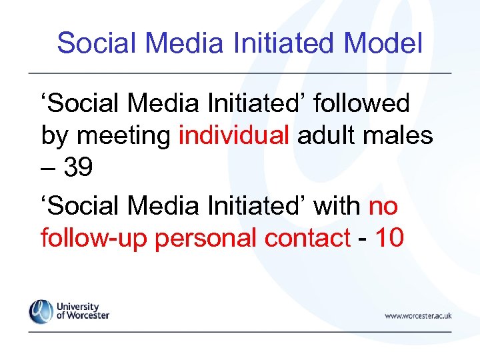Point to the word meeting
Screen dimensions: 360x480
pos(125,137)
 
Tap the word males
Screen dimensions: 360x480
pos(398,137)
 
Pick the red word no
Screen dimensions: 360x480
pos(383,207)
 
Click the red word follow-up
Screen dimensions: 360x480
pos(94,239)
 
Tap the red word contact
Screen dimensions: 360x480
pos(307,239)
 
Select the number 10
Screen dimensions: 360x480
pos(389,239)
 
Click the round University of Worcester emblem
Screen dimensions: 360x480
pos(41,311)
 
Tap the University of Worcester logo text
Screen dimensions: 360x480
pos(82,311)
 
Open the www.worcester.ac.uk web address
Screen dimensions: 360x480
pos(418,315)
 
